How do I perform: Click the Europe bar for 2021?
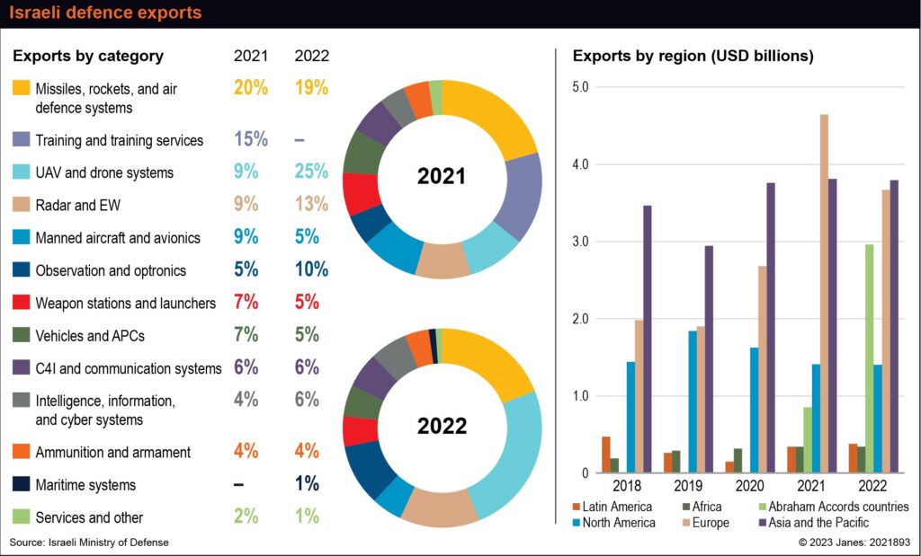pyautogui.click(x=824, y=294)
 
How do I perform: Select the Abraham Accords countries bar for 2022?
pyautogui.click(x=868, y=358)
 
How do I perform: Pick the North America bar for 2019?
pyautogui.click(x=693, y=402)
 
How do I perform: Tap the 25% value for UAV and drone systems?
pyautogui.click(x=311, y=172)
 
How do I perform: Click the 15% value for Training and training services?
pyautogui.click(x=251, y=139)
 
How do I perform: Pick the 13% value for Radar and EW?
pyautogui.click(x=311, y=205)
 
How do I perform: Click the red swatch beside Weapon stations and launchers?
pyautogui.click(x=22, y=303)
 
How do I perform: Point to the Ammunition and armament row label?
pyautogui.click(x=112, y=452)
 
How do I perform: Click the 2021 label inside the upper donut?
pyautogui.click(x=442, y=176)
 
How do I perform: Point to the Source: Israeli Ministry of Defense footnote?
pyautogui.click(x=89, y=542)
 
